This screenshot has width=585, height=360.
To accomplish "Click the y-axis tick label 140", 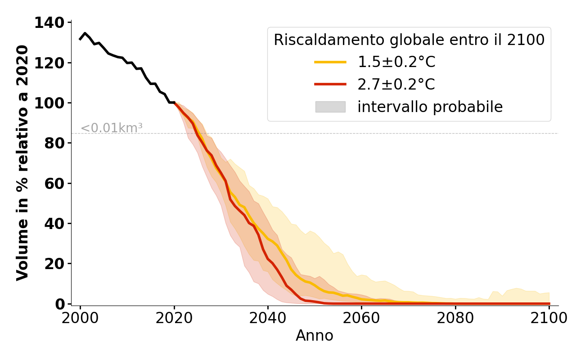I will [x=49, y=22].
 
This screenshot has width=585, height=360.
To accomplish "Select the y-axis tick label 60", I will [x=54, y=183].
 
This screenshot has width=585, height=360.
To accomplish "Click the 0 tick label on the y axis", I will [x=60, y=304].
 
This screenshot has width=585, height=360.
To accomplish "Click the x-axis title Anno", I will [x=315, y=336].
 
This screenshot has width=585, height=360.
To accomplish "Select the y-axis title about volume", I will [x=22, y=163].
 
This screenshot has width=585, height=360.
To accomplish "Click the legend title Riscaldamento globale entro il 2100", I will [x=409, y=40].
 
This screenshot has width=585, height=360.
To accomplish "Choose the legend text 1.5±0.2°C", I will [x=396, y=62].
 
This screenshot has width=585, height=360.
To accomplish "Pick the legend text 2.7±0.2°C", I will [x=396, y=84].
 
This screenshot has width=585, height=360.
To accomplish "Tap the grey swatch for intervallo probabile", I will [x=330, y=107].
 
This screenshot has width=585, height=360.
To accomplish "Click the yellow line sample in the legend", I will [x=330, y=62].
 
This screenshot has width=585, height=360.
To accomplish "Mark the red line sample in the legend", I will [x=330, y=84].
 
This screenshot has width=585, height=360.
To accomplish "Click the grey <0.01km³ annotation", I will [x=112, y=128].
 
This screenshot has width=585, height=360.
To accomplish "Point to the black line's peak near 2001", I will [x=85, y=33].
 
